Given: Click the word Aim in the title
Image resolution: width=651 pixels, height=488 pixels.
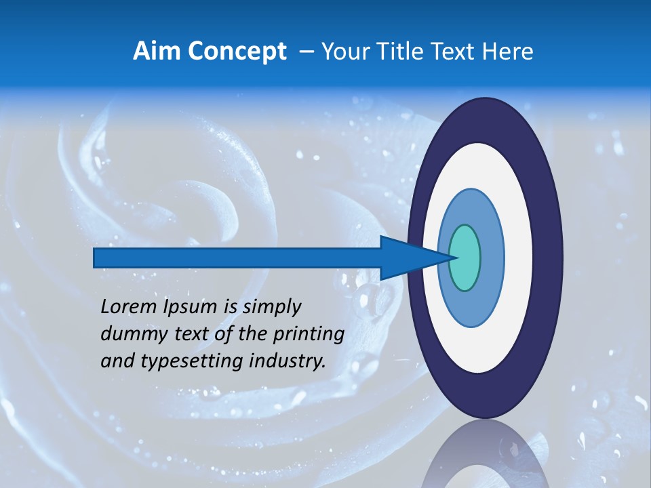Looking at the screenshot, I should coord(157,52).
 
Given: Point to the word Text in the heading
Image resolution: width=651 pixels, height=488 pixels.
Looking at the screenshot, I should coord(455,52).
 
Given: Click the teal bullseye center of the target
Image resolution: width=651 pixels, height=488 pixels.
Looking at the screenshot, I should coord(465,258).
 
